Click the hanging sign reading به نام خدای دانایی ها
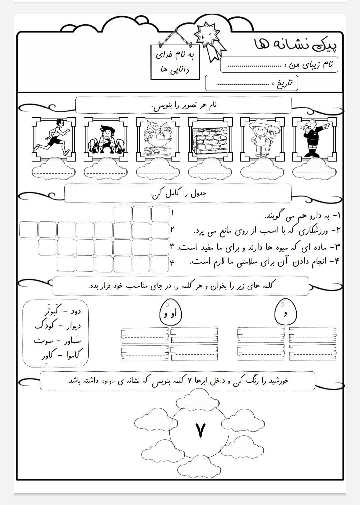point(175,62)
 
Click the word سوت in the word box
point(43,341)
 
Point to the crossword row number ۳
point(172,247)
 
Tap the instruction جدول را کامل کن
point(178,194)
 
